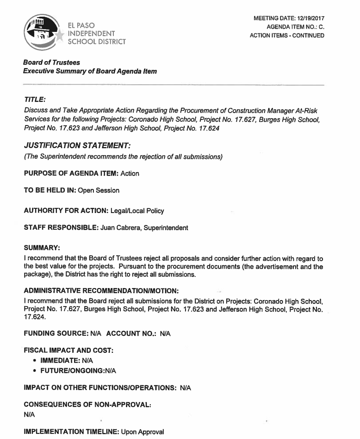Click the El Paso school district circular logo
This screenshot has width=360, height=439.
point(42,32)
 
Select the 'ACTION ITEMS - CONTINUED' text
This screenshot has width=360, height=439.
point(287,36)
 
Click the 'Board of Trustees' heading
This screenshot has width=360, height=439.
point(51,63)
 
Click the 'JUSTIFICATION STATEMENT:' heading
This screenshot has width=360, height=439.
point(74,146)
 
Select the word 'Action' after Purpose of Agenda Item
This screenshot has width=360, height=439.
point(130,174)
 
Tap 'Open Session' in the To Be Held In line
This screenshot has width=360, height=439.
point(99,190)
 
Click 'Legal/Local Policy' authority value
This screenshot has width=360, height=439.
point(137,211)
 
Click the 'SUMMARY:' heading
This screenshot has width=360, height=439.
point(41,248)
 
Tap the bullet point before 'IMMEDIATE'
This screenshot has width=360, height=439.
point(35,360)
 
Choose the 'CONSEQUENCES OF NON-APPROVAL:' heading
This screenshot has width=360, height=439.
point(87,404)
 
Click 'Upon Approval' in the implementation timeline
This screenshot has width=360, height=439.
point(143,432)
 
